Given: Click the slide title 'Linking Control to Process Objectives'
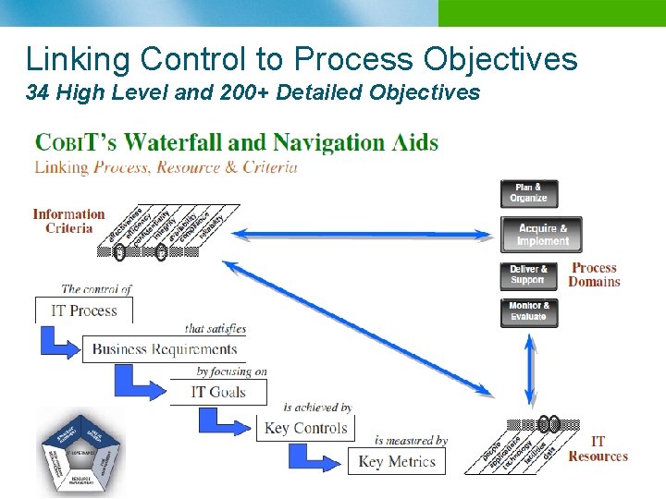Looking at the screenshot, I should (x=302, y=58).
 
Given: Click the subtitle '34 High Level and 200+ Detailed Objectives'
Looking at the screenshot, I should (x=253, y=92).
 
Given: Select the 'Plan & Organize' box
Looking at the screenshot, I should (x=529, y=193).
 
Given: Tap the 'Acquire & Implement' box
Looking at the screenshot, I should (x=542, y=235).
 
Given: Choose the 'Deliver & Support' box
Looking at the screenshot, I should (x=528, y=275).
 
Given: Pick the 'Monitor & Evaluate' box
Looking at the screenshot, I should (x=528, y=312).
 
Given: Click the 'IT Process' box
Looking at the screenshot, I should (x=84, y=310).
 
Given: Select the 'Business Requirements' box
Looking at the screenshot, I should (x=165, y=349).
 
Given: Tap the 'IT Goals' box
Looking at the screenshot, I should (x=218, y=392).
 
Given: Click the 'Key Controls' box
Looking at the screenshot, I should (x=305, y=428).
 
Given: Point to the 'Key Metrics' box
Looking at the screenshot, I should (x=397, y=461).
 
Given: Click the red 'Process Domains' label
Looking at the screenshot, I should (x=594, y=274).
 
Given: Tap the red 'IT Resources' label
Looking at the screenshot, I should (x=598, y=449).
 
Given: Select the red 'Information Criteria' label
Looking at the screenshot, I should (x=68, y=221).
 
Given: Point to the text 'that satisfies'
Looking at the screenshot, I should (x=215, y=329).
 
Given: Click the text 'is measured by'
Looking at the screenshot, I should (x=411, y=441).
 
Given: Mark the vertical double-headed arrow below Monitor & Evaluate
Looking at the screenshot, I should (x=530, y=369).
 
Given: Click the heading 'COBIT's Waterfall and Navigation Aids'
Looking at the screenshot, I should (x=237, y=142).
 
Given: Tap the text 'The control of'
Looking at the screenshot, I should (x=96, y=289).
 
